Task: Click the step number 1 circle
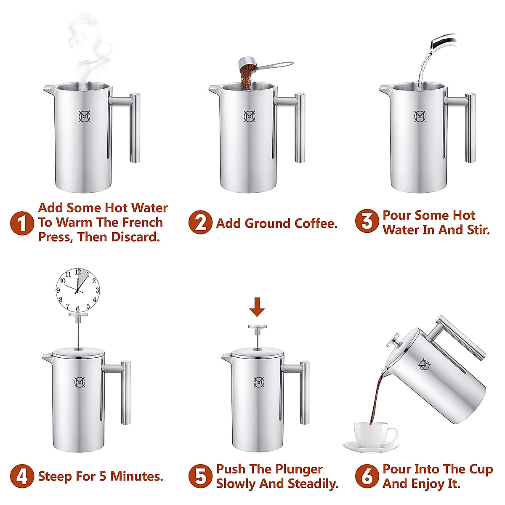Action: pos(22,223)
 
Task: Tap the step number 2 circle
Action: pos(200,223)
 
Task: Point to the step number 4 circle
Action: pos(22,476)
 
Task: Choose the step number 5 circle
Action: pos(200,476)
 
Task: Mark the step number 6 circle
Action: pos(367,476)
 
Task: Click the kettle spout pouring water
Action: pos(442,42)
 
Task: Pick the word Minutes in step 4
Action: pos(137,476)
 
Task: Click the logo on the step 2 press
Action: pos(250,116)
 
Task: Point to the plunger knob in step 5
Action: pos(257,327)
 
